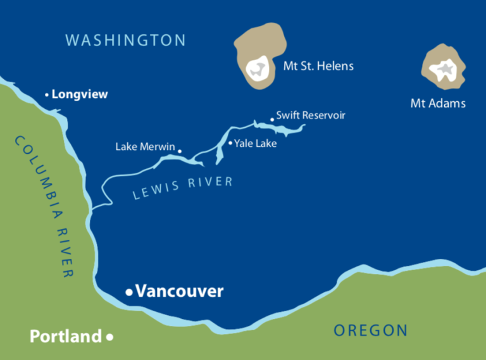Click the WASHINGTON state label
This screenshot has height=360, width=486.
pos(126,40)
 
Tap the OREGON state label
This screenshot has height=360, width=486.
pos(370,330)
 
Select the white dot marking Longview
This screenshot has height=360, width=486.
pos(47,95)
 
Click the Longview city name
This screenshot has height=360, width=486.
pos(80,94)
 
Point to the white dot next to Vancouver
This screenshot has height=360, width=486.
pos(129,292)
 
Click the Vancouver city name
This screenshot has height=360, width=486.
pos(180,291)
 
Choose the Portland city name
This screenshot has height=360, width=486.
pos(65,336)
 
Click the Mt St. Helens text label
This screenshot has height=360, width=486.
pos(318,66)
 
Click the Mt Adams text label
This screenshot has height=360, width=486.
pos(438,103)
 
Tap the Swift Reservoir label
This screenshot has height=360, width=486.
pos(311,115)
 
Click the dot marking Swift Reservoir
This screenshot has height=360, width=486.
pos(272,118)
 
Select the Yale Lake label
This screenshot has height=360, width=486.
pos(256,144)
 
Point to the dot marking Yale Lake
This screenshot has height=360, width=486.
pos(230,143)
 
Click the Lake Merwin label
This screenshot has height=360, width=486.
pos(145,147)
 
